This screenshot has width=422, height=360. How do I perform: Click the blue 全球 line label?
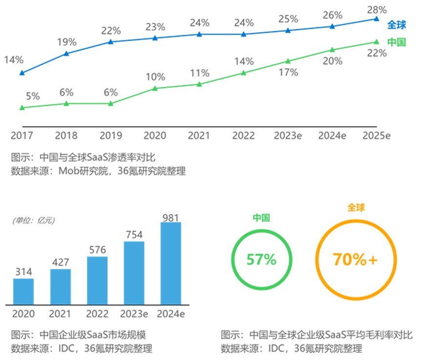[397, 25]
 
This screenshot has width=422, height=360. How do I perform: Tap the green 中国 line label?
[397, 42]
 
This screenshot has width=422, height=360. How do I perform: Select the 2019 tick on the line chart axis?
[111, 136]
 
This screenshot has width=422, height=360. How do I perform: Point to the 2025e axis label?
[376, 136]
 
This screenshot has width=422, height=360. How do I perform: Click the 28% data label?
[377, 9]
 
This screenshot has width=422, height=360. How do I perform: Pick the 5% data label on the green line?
[33, 96]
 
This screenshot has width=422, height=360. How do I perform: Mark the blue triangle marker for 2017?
[21, 73]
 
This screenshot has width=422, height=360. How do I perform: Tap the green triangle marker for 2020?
[155, 88]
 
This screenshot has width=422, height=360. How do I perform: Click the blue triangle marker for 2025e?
[376, 19]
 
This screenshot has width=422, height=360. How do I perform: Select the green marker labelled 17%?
[288, 61]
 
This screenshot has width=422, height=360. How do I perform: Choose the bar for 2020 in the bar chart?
[23, 291]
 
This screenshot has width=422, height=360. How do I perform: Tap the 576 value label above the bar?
[97, 249]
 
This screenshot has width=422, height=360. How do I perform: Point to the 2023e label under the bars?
[134, 313]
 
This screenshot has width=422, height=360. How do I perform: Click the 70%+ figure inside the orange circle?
[355, 260]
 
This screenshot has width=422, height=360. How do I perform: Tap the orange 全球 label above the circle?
[356, 208]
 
